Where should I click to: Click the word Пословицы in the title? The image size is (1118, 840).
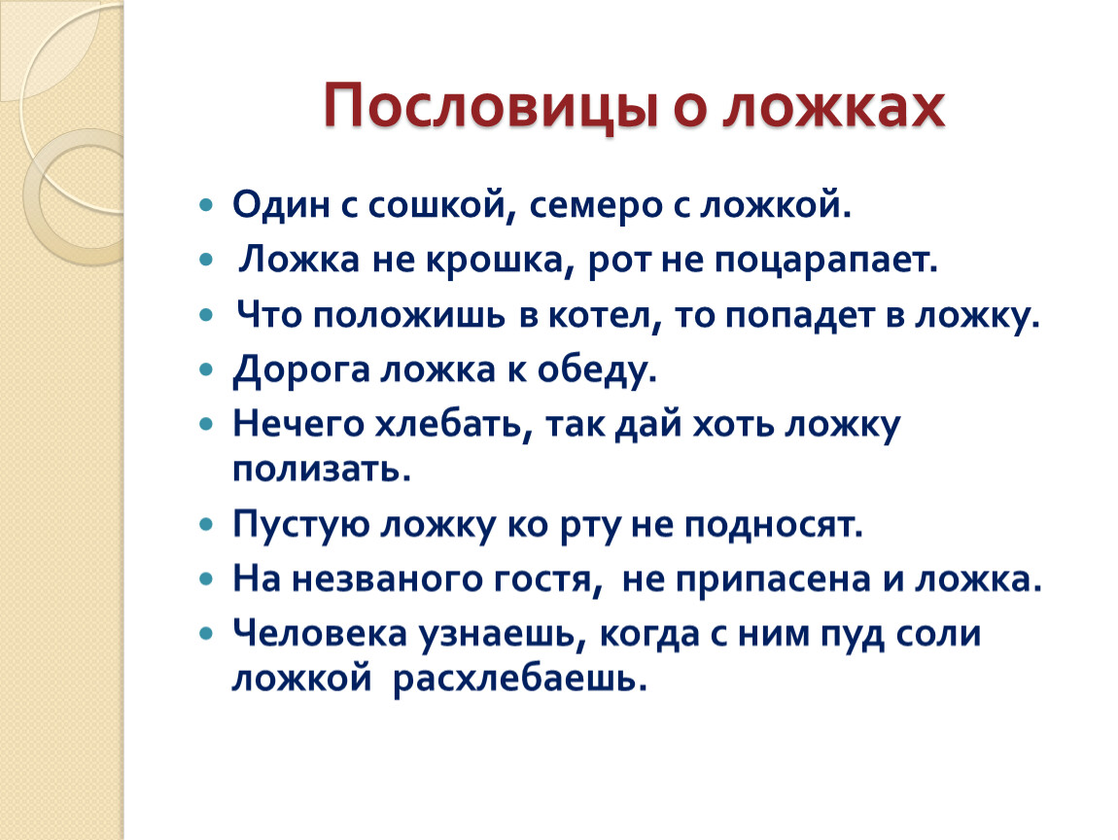[490, 107]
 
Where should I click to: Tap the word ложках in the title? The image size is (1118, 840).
[834, 107]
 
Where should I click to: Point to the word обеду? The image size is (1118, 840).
[596, 370]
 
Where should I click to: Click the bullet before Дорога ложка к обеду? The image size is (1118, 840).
[207, 370]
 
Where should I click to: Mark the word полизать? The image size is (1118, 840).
[322, 470]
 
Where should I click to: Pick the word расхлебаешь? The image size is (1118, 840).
[520, 679]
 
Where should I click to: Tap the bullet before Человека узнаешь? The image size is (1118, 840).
[207, 633]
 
